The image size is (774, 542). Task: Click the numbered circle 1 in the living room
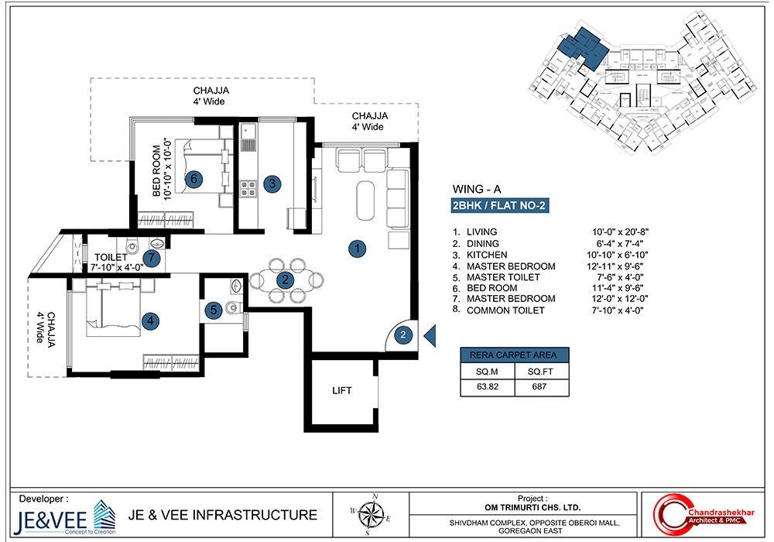click(357, 249)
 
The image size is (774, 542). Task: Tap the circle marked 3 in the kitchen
click(272, 184)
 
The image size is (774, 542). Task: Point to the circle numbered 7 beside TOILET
click(152, 258)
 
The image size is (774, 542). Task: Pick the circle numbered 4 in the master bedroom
click(151, 319)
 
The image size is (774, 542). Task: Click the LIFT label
click(342, 391)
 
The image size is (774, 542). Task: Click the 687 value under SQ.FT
click(539, 386)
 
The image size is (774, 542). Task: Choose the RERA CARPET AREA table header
click(514, 355)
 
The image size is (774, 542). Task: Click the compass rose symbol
click(375, 511)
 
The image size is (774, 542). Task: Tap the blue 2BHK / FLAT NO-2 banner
click(500, 206)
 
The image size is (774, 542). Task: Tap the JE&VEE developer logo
click(56, 517)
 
